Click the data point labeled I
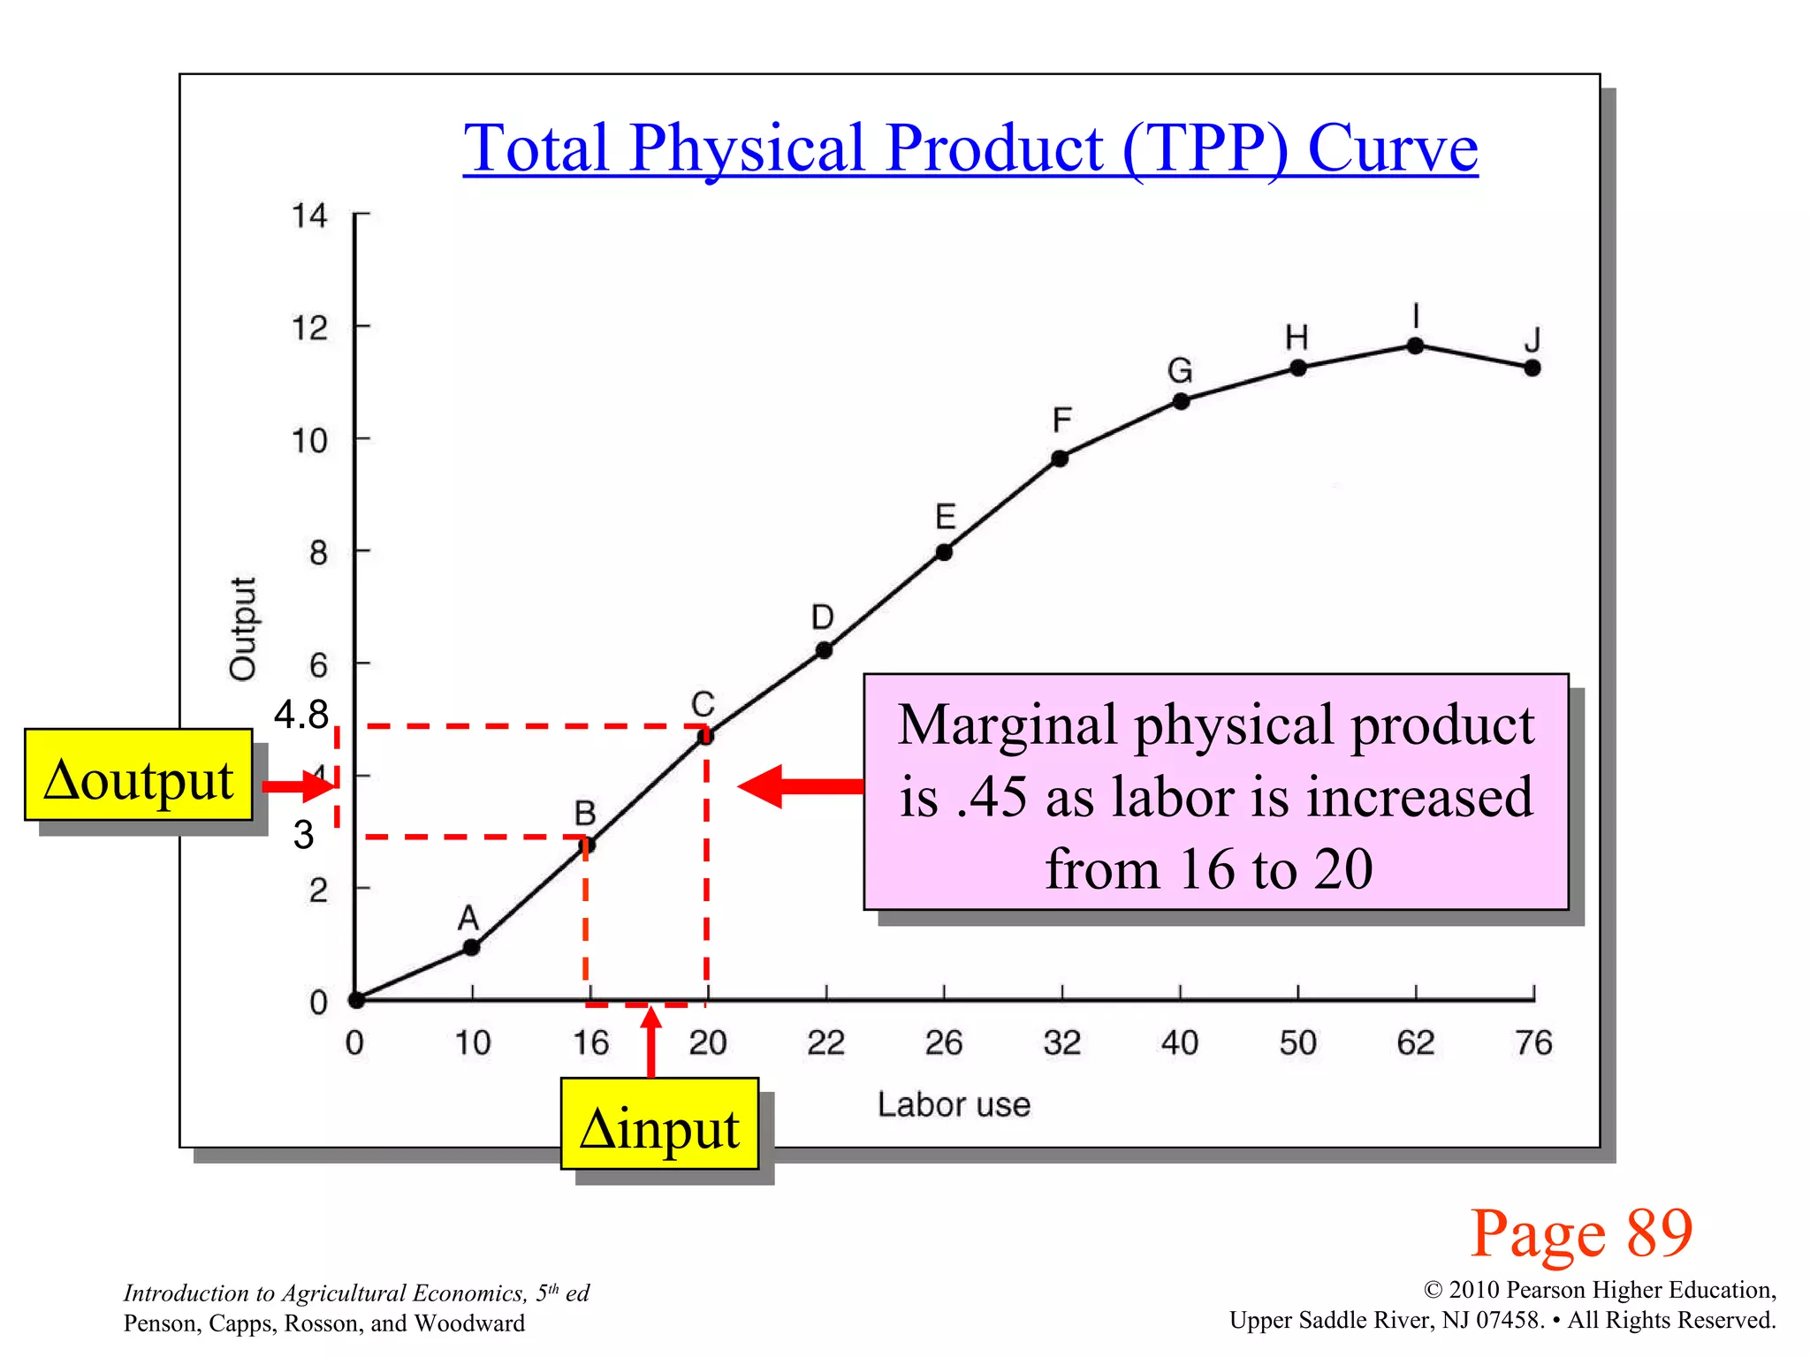pos(1415,345)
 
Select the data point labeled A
pos(472,947)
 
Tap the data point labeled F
pos(1060,459)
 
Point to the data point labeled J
pos(1532,368)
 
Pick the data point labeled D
pos(824,650)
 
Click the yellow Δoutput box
pos(139,776)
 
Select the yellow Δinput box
pos(659,1124)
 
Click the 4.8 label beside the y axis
pos(301,714)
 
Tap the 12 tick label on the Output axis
pos(309,329)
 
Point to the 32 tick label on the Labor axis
pos(1061,1043)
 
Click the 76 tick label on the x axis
pos(1533,1043)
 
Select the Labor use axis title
pos(954,1104)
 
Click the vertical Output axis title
pos(242,628)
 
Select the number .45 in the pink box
pos(991,797)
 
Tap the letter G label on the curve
pos(1180,370)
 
